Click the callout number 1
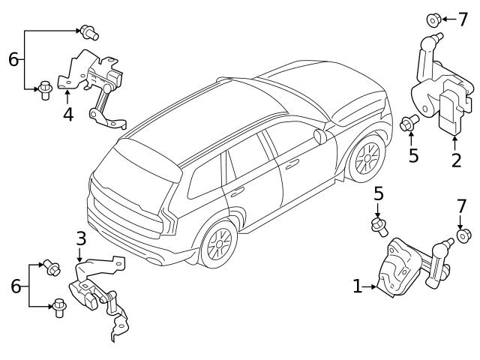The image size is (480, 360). [357, 286]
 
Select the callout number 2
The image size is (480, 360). [456, 160]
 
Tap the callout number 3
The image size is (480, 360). [81, 239]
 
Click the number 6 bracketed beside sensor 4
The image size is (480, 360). [13, 58]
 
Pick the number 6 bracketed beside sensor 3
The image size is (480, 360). [15, 286]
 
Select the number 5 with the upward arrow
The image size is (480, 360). [412, 157]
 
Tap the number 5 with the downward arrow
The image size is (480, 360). [379, 194]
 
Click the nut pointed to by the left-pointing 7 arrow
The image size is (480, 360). [433, 18]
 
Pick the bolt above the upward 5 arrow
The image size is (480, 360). [409, 122]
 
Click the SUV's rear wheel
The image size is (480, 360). [218, 244]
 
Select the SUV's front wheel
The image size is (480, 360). [367, 159]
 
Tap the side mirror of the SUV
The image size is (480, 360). [321, 136]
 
